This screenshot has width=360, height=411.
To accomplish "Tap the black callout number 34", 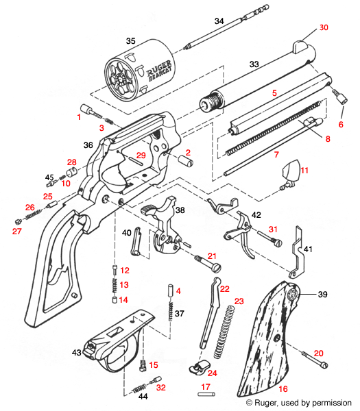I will tap(219, 21).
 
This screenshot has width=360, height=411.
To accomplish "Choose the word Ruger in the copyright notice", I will tap(268, 402).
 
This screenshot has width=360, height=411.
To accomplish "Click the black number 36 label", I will tap(88, 145).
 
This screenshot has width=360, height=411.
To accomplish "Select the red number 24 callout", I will tap(212, 373).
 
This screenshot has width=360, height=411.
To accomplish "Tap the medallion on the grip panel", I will tap(293, 295).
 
